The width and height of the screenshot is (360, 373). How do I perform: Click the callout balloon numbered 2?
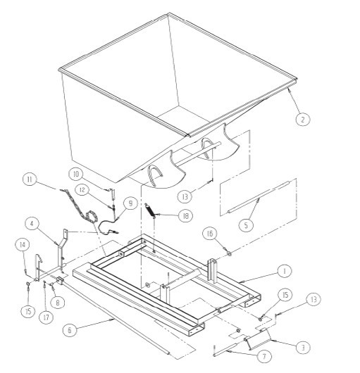(303, 119)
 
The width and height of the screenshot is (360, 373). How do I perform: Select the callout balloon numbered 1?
(285, 271)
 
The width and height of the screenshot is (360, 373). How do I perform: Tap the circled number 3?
(303, 348)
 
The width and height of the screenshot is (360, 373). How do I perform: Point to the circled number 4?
(32, 224)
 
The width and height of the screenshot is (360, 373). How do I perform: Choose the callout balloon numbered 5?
(246, 225)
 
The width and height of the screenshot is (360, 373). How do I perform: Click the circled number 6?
(70, 330)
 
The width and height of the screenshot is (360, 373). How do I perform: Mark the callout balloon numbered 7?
(264, 356)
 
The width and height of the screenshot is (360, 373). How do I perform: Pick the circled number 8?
(57, 303)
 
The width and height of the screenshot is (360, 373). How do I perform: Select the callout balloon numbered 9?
(131, 203)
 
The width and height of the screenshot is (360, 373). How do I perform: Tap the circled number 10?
(75, 174)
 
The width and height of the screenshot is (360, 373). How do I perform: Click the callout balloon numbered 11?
(30, 179)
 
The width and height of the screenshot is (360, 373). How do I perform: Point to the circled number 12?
(82, 190)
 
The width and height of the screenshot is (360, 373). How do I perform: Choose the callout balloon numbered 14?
(23, 245)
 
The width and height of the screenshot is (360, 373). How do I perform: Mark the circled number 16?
(210, 234)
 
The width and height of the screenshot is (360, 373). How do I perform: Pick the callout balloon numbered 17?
(46, 317)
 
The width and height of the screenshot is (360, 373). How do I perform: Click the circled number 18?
(185, 216)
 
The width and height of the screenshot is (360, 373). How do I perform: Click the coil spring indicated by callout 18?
(151, 210)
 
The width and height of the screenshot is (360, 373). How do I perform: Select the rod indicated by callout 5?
(258, 197)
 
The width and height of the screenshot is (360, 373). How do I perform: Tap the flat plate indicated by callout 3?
(259, 339)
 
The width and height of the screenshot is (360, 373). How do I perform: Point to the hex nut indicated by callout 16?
(229, 253)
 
